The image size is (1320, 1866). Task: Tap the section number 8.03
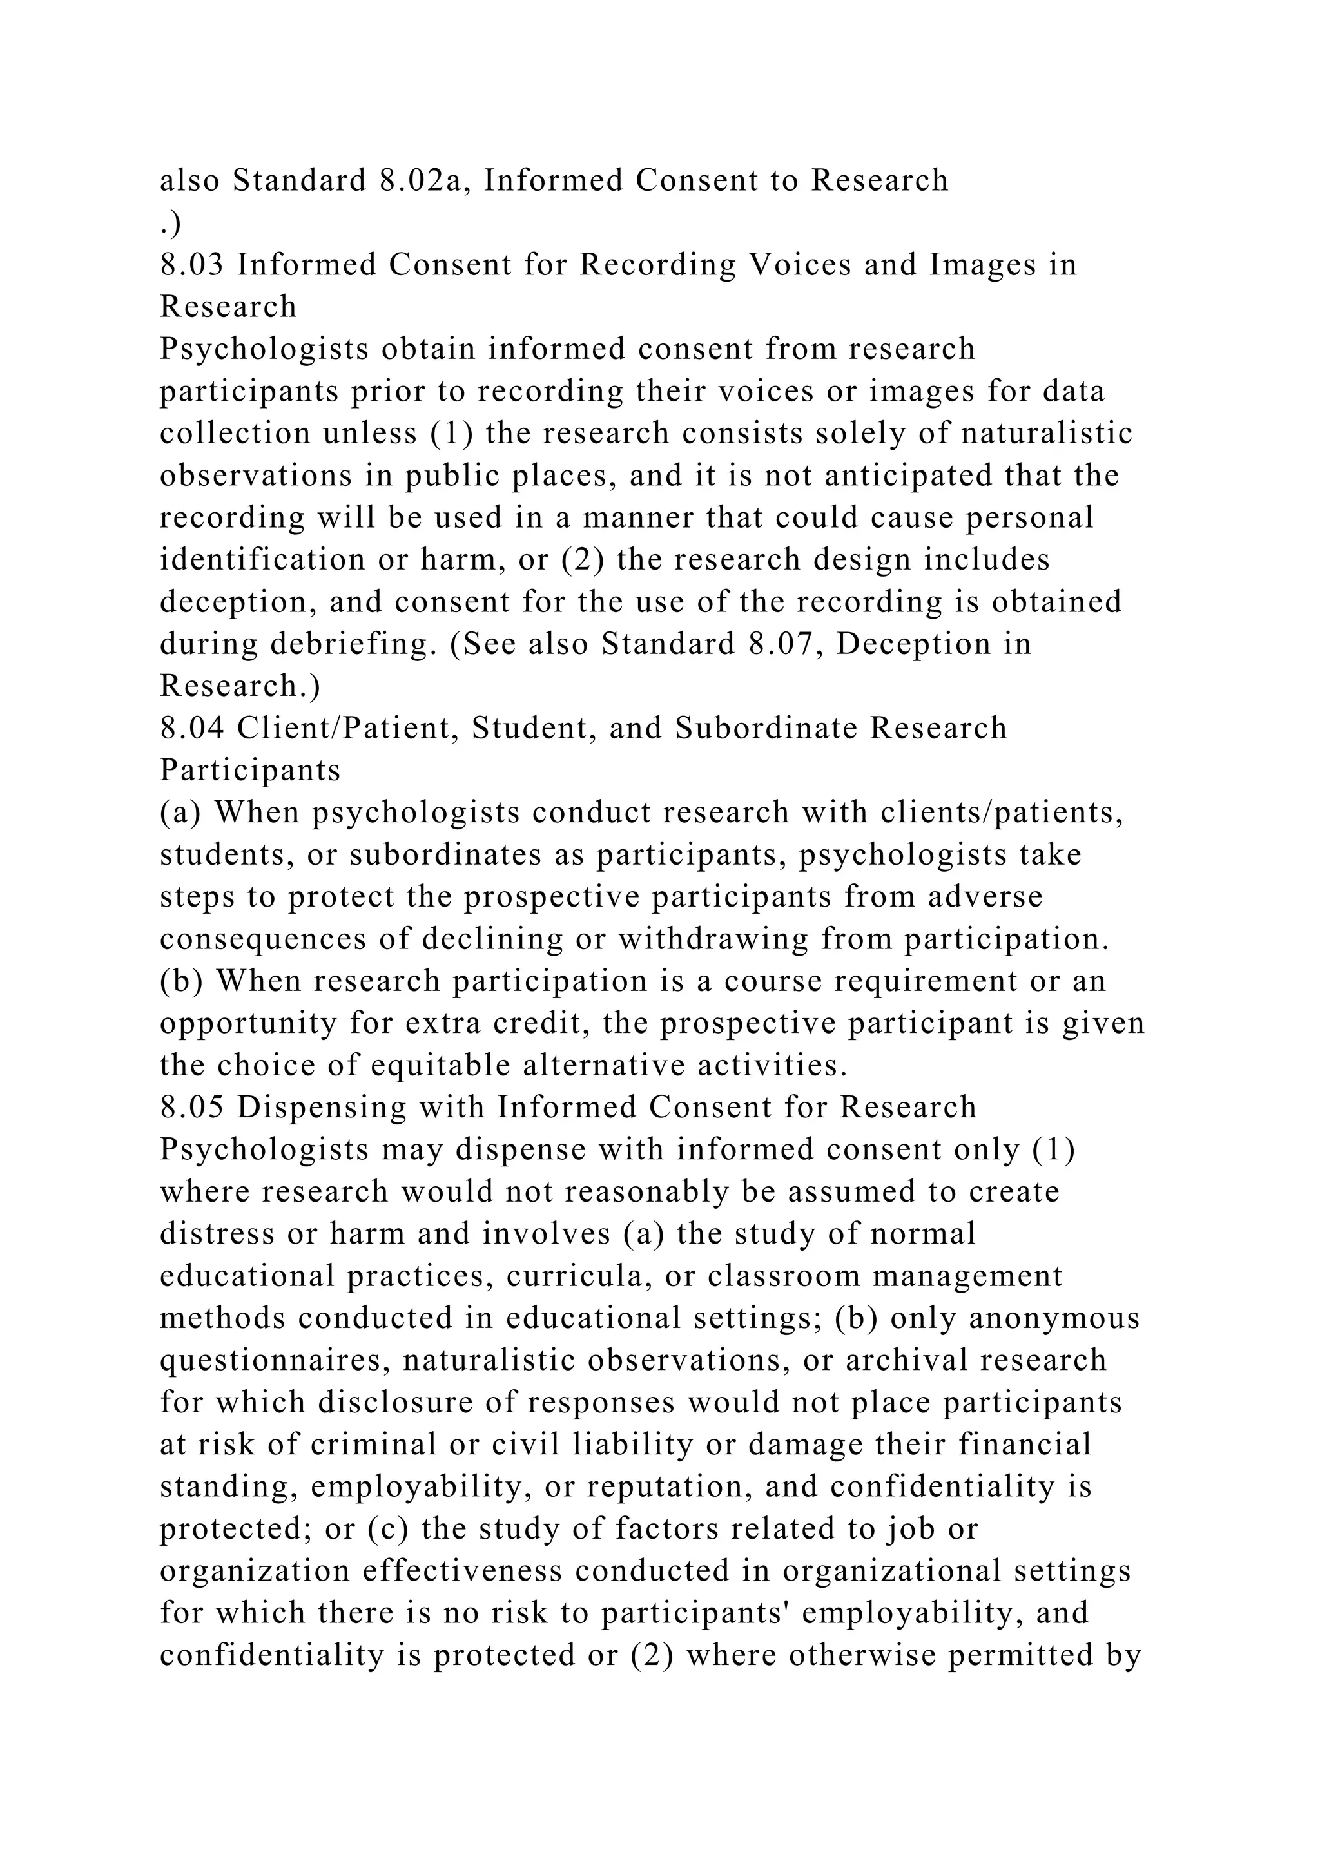(x=191, y=265)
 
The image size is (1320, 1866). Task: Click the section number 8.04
(x=191, y=728)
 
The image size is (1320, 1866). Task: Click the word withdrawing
(x=713, y=939)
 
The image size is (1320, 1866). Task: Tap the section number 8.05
(x=191, y=1107)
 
